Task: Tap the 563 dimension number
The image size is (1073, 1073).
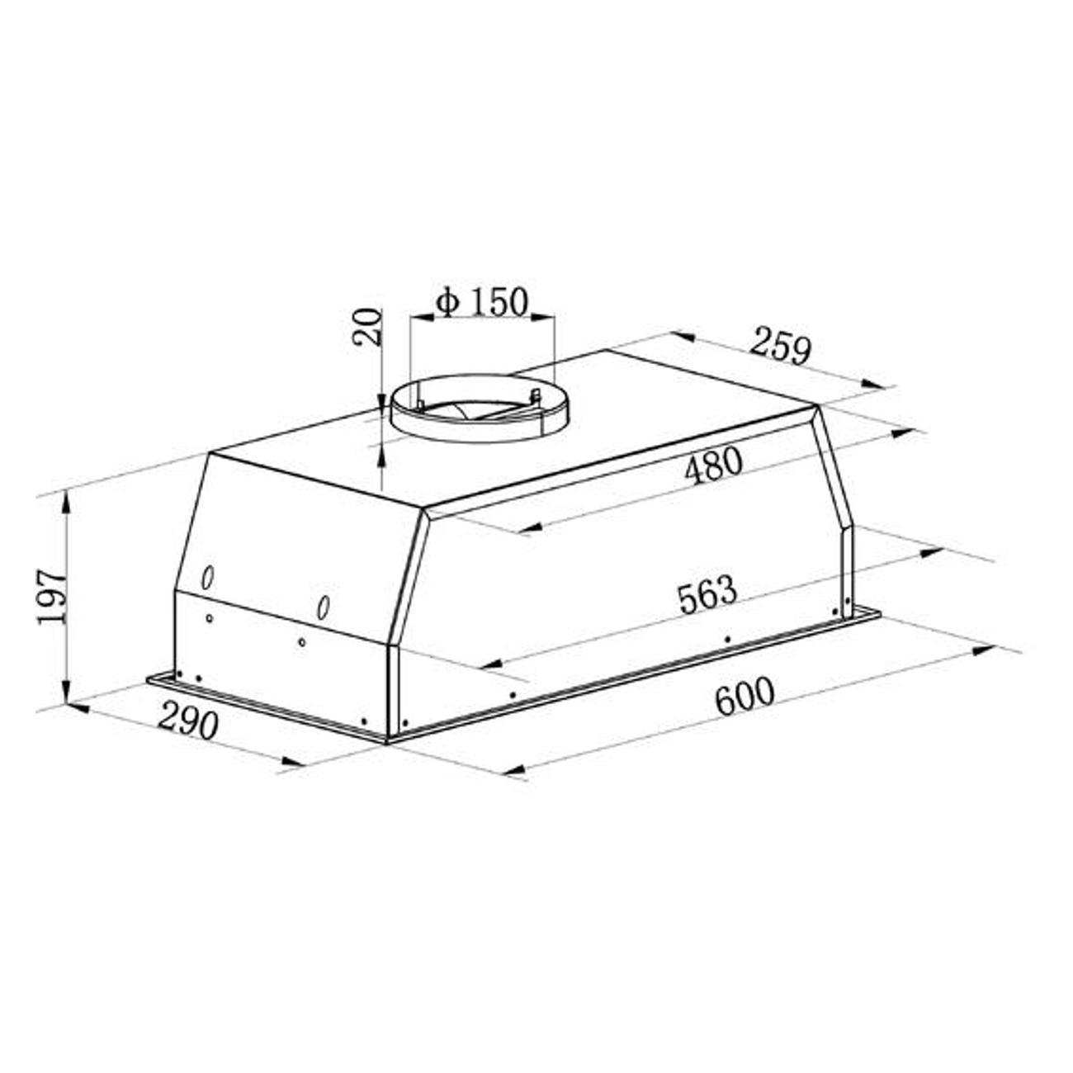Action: (x=707, y=597)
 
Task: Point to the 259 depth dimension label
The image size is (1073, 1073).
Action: (x=779, y=347)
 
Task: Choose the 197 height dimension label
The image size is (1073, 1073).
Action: (x=52, y=597)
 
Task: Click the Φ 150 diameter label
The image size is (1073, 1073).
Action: (x=481, y=302)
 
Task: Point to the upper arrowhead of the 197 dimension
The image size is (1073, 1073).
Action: (x=66, y=502)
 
